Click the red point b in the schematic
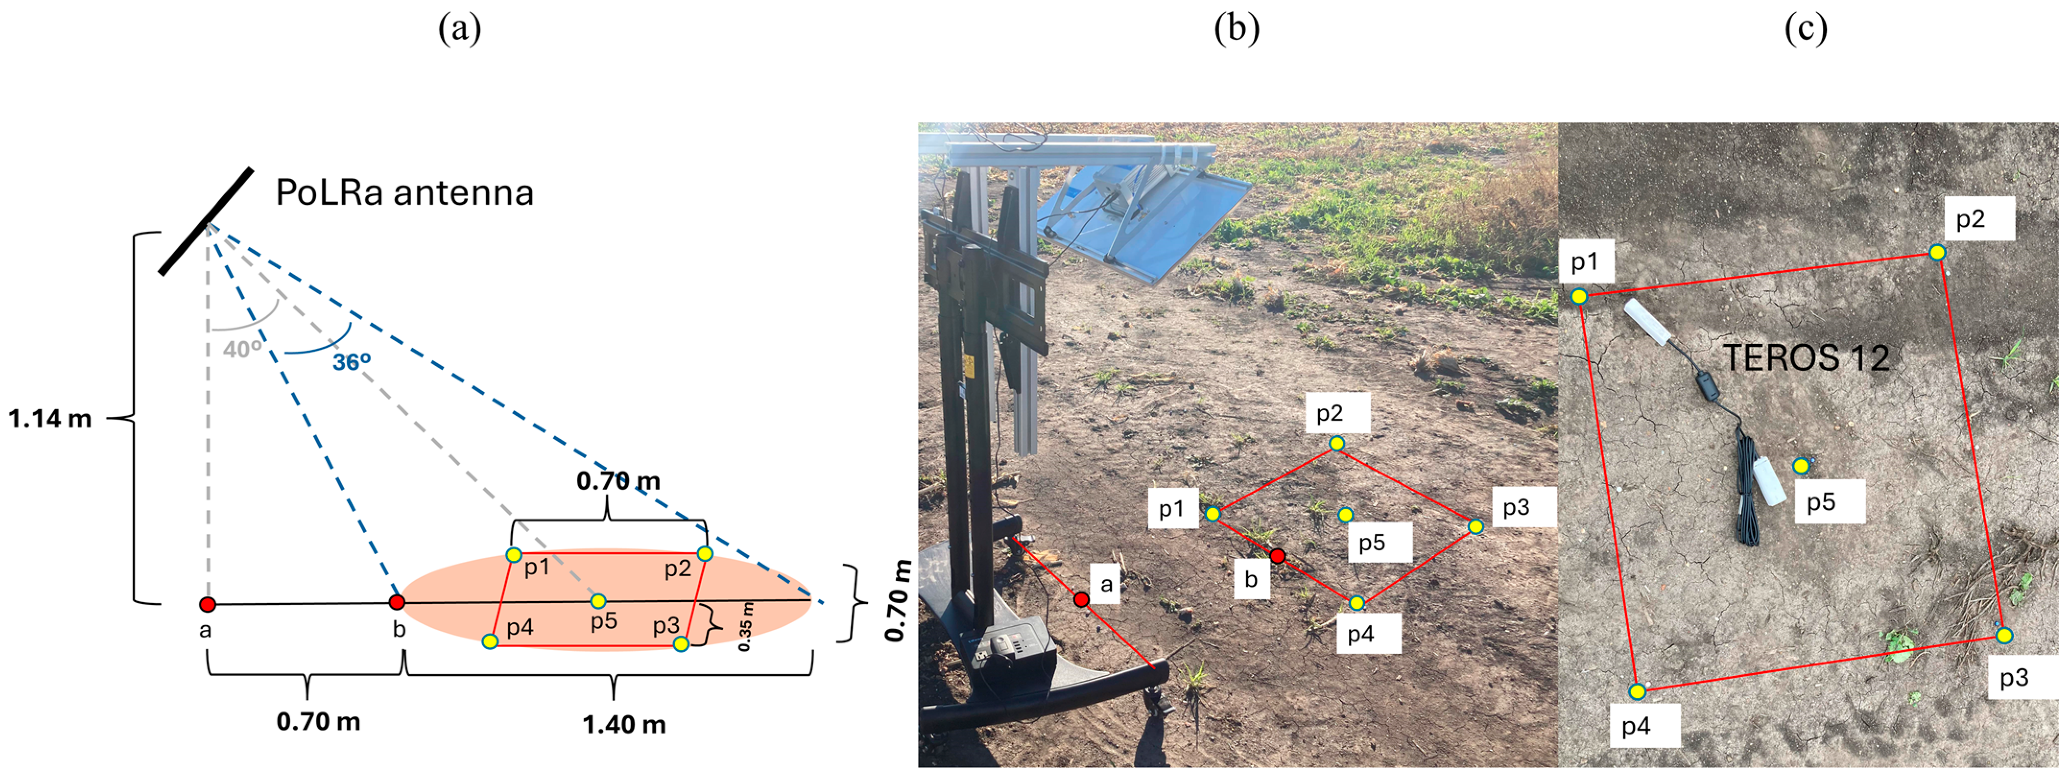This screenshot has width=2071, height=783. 396,602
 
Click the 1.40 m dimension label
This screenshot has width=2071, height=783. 624,725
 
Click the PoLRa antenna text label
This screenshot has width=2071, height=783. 405,193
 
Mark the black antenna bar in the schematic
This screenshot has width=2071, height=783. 206,221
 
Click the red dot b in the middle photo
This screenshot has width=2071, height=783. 1277,556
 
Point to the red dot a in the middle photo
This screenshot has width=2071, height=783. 1082,599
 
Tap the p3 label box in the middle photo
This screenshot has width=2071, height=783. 1516,507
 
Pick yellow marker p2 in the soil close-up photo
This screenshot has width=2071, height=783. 1938,252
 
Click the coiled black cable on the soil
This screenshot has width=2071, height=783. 1745,498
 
